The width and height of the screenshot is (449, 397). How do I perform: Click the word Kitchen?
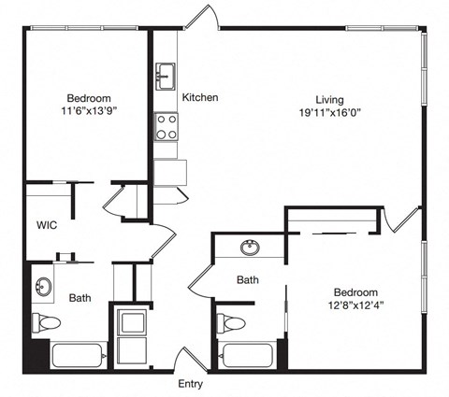pos(200,97)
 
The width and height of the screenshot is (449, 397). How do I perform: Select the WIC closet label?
pos(48,226)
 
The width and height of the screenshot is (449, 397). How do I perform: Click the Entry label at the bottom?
pos(190,384)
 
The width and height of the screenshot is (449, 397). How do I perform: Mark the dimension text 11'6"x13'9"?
pos(89,114)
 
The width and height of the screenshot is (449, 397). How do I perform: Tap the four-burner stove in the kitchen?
pos(166,126)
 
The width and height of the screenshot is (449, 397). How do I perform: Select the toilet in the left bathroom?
pos(46,323)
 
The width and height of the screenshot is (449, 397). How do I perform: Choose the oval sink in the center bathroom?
pos(250,248)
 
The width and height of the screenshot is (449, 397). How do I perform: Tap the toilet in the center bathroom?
pos(232,324)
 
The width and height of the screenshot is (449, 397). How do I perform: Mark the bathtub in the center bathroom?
pos(247,356)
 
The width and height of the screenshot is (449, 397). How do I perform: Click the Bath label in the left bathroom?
pos(80,298)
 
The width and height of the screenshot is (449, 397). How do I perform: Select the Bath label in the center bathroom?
pos(247,279)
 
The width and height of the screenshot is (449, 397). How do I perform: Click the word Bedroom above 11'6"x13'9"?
pos(89,99)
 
